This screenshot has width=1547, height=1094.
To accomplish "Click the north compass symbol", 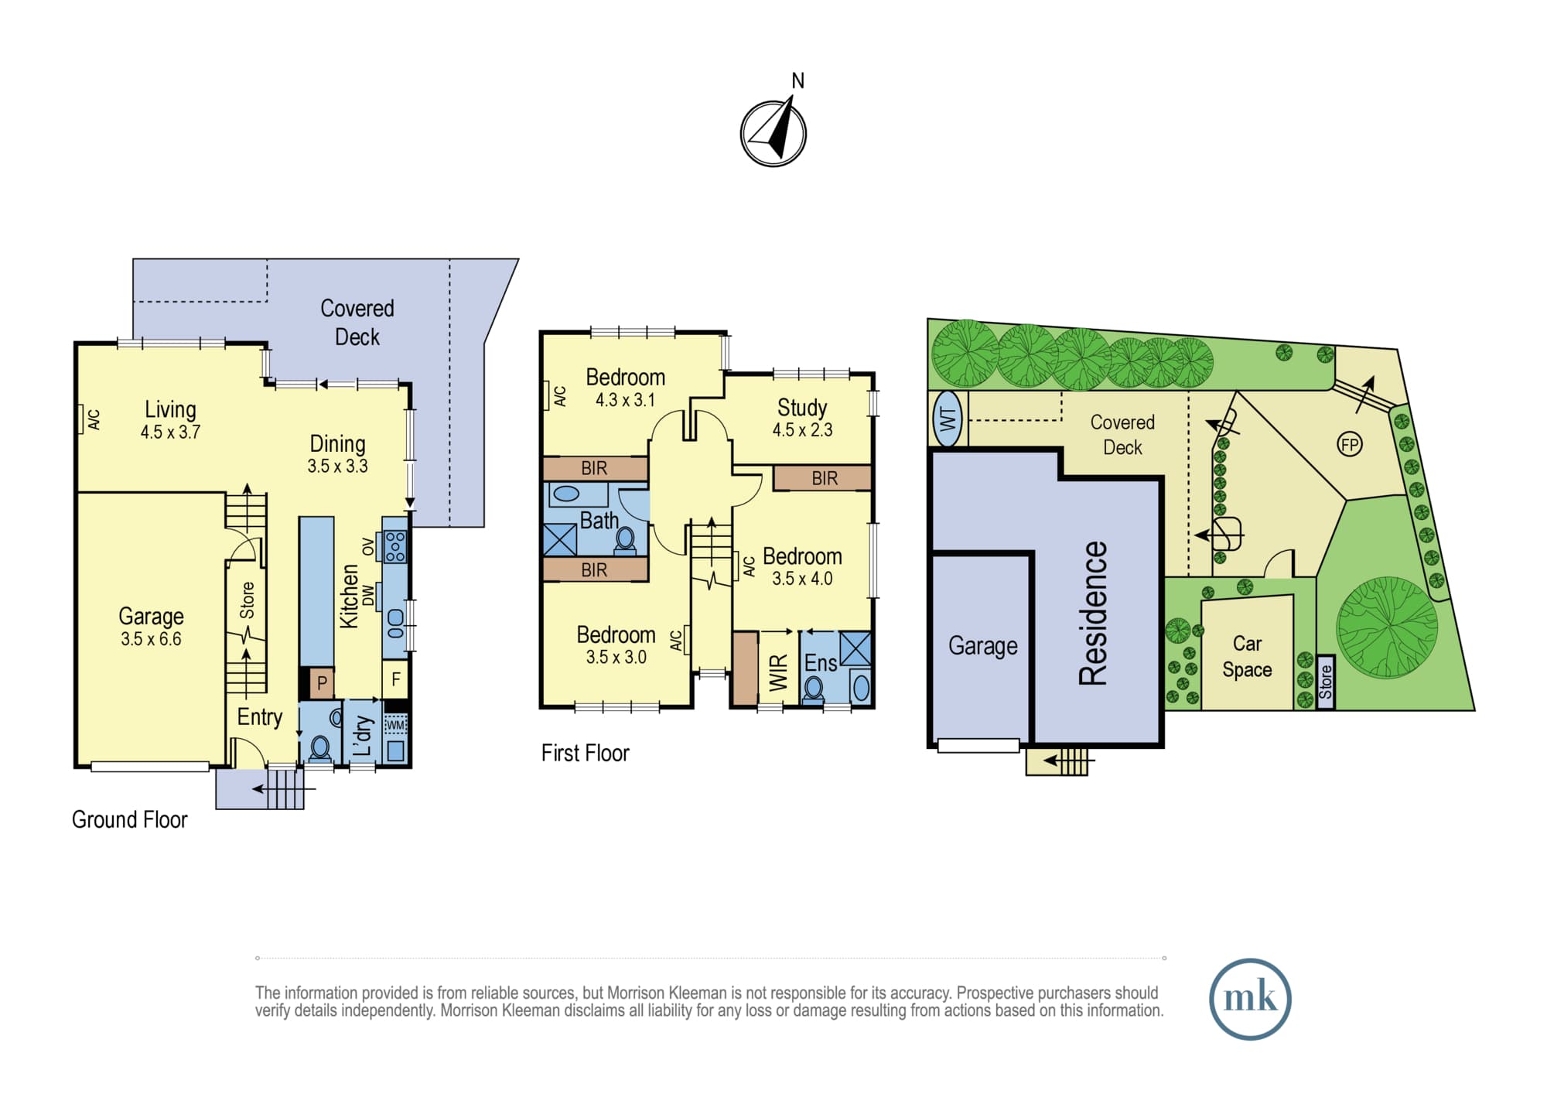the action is pos(773,132).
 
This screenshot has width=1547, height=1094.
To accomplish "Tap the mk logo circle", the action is pos(1250,999).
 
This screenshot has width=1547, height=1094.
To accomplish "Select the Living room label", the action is pos(170,409).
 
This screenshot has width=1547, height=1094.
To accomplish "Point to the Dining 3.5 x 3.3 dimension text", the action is pos(337,467).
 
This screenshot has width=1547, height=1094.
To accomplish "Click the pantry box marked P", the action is pos(322,682).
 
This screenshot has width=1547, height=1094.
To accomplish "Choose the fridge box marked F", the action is pos(395,679).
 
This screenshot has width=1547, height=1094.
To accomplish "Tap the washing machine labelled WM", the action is pos(395,725).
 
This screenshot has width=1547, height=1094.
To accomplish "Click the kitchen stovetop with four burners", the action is pos(395,546).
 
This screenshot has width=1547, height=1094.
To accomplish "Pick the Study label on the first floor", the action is pos(802,407).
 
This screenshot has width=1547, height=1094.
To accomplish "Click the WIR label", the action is pos(778,672).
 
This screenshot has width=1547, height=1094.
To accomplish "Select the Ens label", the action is pos(821,663).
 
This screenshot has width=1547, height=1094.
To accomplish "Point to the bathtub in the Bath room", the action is pos(567,493).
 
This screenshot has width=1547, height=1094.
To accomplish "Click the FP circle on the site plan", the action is pos(1350,444).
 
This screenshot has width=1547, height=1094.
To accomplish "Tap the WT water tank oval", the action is pos(948,419).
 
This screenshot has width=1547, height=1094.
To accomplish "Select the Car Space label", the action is pos(1247,656).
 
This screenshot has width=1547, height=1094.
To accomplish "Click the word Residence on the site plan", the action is pos(1093,613).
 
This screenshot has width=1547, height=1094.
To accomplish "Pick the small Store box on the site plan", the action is pos(1326,682).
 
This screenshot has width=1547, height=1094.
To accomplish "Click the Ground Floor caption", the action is pos(129,819).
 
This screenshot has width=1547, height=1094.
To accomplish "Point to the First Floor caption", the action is pos(585,753).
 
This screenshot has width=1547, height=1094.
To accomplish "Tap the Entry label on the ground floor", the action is pos(259,717).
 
